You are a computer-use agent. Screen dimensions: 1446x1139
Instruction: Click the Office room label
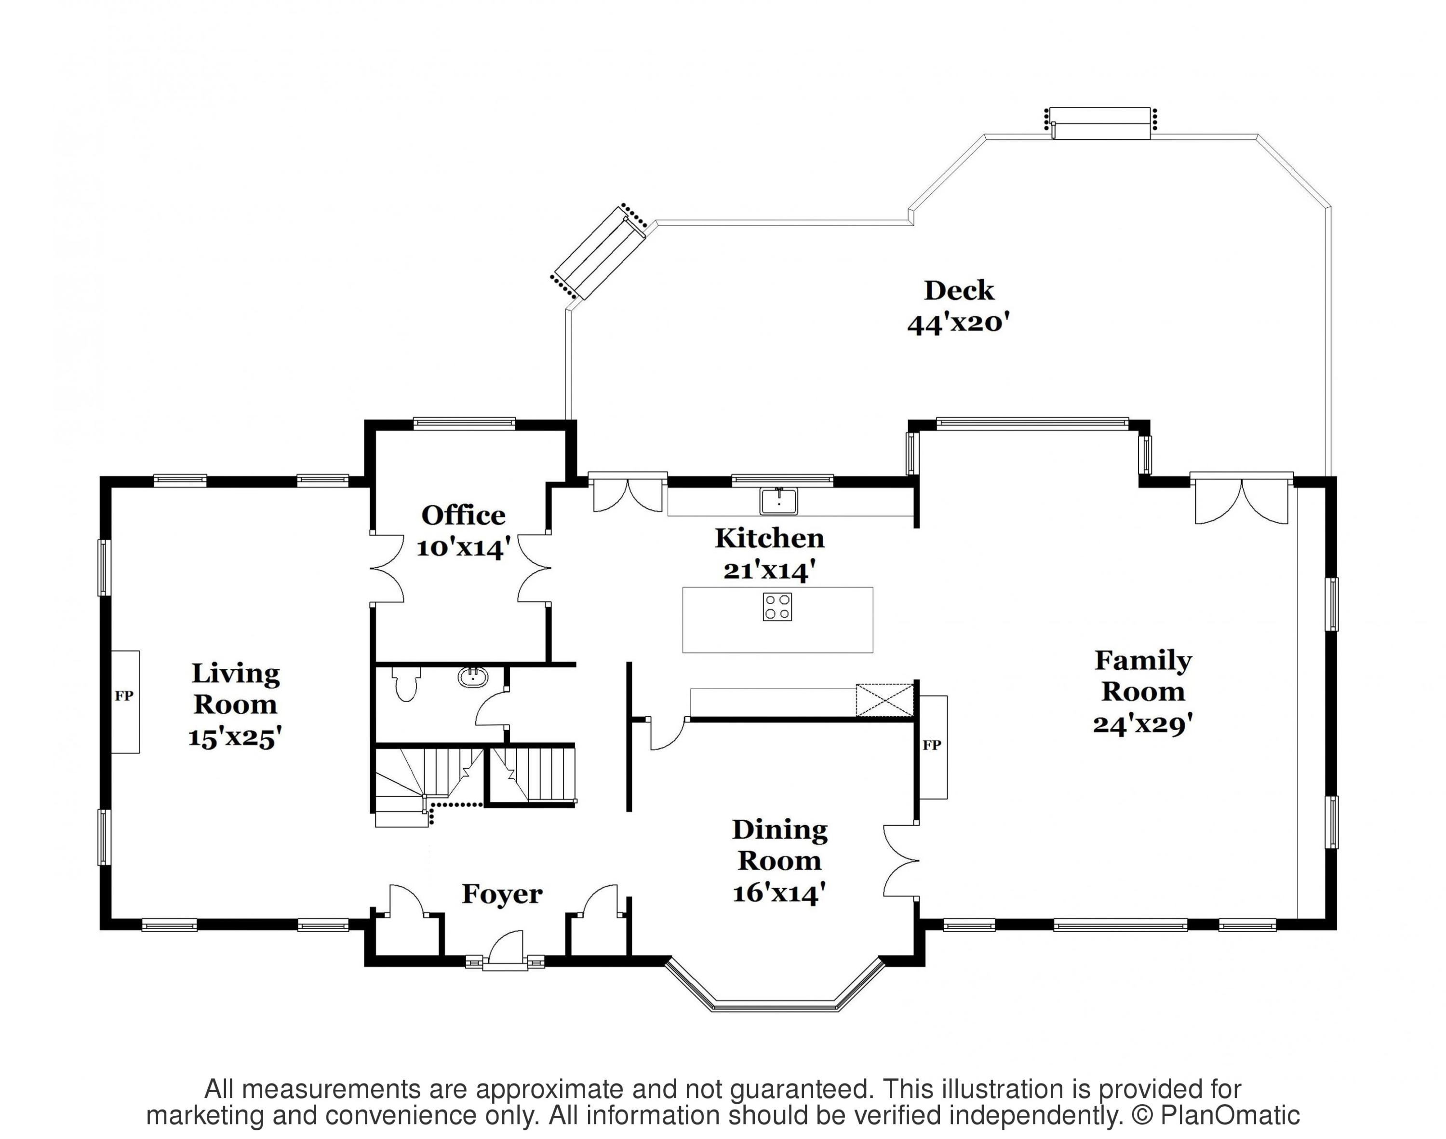pyautogui.click(x=463, y=515)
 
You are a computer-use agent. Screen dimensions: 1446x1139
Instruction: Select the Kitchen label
pyautogui.click(x=770, y=538)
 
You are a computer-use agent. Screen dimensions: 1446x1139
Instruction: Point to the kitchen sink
pyautogui.click(x=778, y=502)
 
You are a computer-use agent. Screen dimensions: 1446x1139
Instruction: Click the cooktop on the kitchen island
pyautogui.click(x=777, y=607)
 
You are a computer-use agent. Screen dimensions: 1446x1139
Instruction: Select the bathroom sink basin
pyautogui.click(x=473, y=678)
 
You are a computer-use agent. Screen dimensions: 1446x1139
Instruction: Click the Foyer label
pyautogui.click(x=502, y=894)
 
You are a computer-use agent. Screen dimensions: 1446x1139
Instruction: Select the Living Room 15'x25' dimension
pyautogui.click(x=235, y=737)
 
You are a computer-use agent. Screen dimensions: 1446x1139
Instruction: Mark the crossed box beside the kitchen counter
pyautogui.click(x=884, y=700)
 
